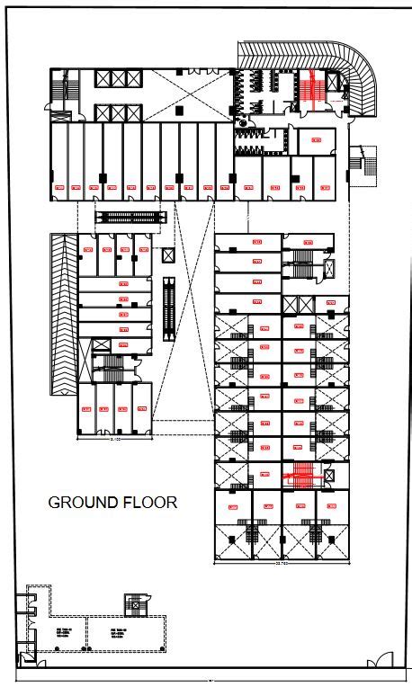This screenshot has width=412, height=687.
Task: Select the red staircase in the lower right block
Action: [301, 474]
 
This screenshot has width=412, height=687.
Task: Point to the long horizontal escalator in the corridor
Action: [131, 217]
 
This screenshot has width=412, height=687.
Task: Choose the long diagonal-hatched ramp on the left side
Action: [63, 315]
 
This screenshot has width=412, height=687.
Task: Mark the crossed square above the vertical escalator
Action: [168, 255]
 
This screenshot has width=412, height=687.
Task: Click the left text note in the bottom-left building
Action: [65, 631]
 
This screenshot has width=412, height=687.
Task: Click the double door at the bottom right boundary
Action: [379, 663]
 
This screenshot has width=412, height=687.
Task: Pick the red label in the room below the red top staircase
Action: [316, 139]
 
